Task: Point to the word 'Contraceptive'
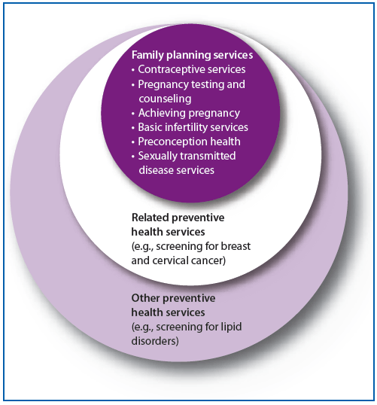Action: pyautogui.click(x=169, y=69)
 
